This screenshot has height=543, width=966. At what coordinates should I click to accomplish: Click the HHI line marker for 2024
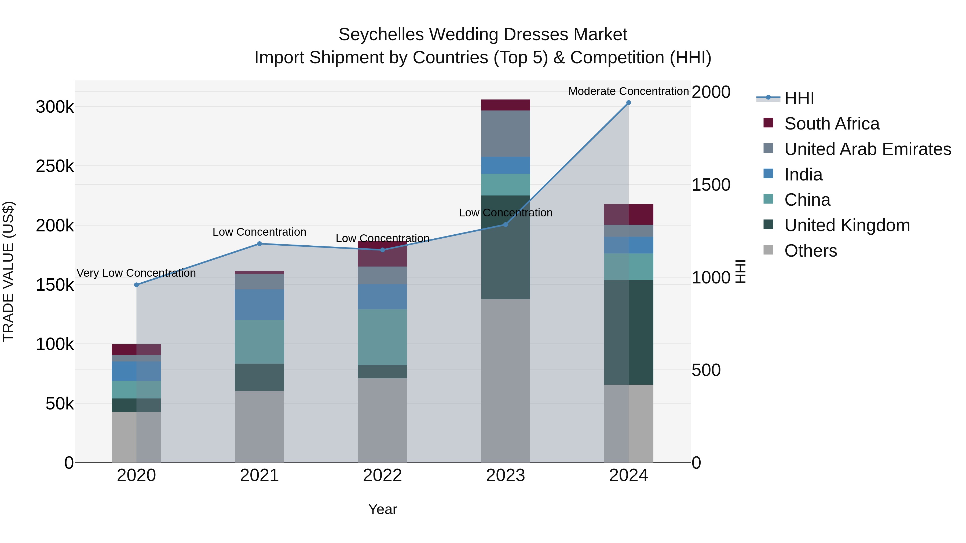coord(628,103)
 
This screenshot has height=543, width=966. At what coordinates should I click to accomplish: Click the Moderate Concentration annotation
coord(628,91)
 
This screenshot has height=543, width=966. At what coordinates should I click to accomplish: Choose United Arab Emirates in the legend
coord(867,149)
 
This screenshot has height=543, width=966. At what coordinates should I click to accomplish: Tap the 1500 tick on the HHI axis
coord(711,185)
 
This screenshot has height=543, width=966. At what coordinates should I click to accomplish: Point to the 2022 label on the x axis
coord(382,475)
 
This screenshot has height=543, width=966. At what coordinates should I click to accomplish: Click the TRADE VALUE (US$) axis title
coord(9,271)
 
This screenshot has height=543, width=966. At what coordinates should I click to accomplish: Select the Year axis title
coord(382,509)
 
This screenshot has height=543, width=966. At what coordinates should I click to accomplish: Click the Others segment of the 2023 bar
coord(506,380)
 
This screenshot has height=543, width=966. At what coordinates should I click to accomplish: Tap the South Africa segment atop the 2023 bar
coord(506,105)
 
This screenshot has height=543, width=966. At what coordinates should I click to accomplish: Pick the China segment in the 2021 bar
coord(259,342)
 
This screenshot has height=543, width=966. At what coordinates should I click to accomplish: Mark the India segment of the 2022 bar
coord(382,297)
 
